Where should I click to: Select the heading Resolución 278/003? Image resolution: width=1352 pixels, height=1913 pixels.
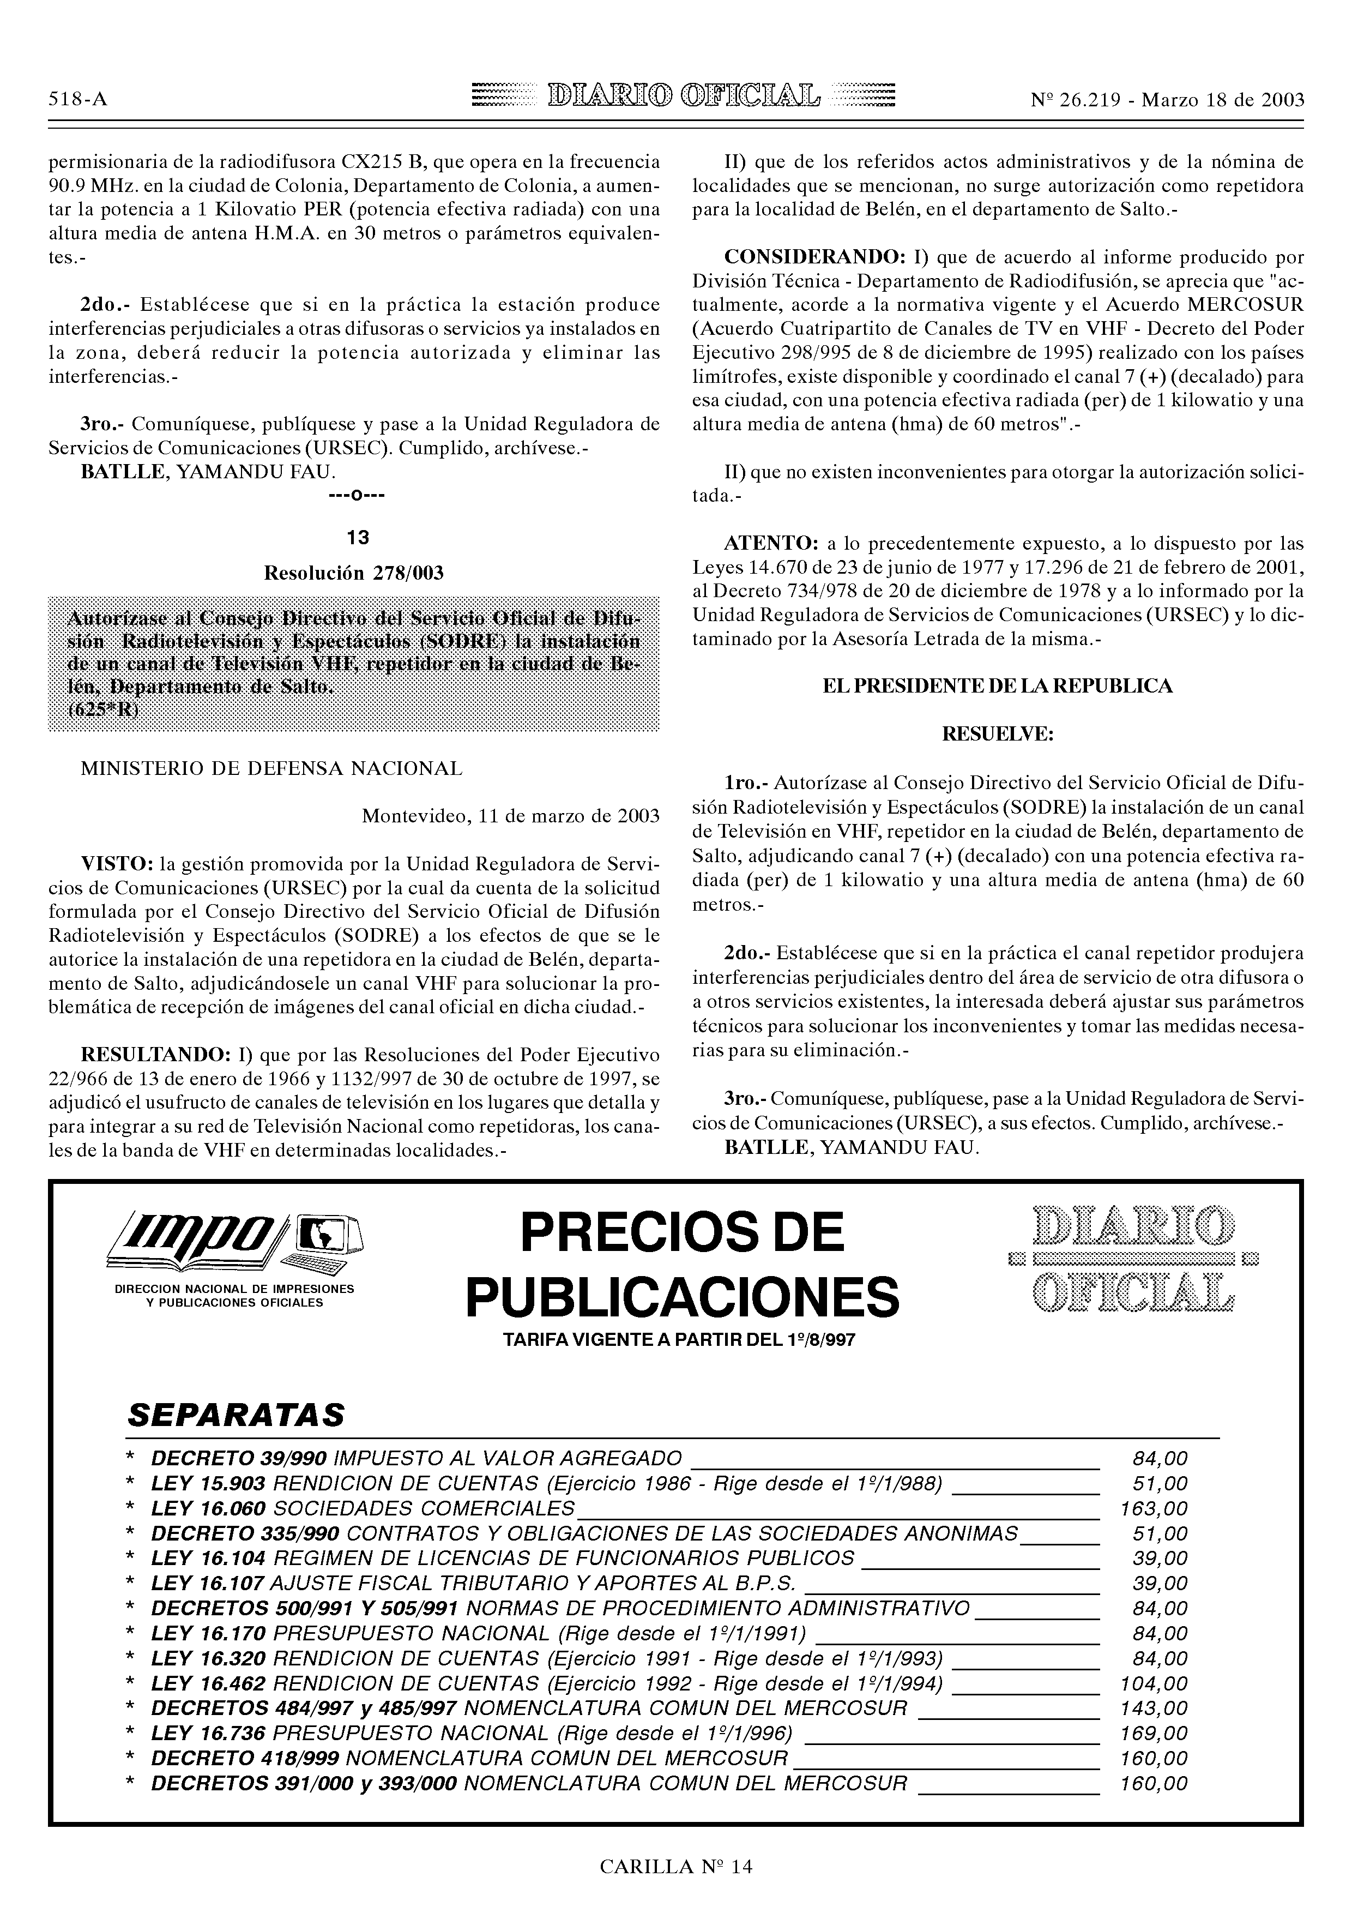coord(353,573)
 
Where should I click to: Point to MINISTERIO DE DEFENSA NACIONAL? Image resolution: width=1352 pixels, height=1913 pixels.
coord(271,768)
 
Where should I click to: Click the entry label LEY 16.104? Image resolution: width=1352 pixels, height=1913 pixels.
coord(208,1559)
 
